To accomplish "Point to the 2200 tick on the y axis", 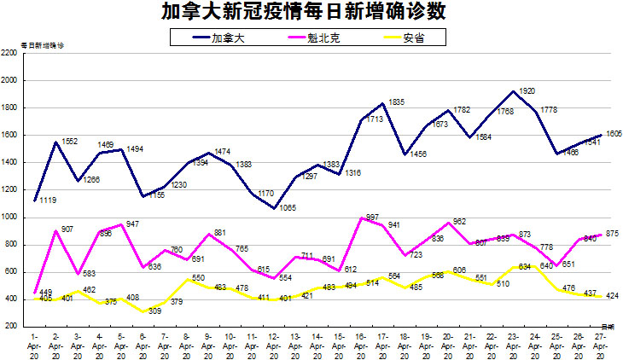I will coord(11,53).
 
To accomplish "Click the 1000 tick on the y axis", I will coord(11,217).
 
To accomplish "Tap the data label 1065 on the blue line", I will coord(288,207).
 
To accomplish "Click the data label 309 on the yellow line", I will coord(154,311).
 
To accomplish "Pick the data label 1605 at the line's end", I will coord(614,134).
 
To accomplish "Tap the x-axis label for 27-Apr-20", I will coord(600,345).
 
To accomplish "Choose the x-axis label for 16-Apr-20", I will coord(361,345).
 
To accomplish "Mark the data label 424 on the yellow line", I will coord(612,297).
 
